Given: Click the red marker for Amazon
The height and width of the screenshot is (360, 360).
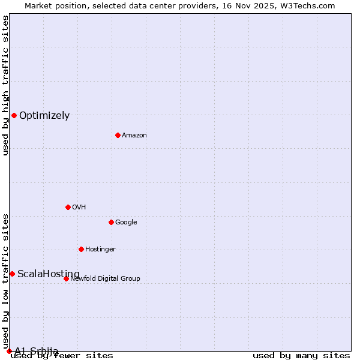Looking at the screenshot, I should pyautogui.click(x=118, y=135).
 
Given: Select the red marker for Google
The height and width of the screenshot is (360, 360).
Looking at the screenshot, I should pyautogui.click(x=111, y=222).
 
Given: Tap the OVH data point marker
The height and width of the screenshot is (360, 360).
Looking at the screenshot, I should pyautogui.click(x=68, y=207).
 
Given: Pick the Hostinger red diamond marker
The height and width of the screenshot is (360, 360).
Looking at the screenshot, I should pyautogui.click(x=81, y=249).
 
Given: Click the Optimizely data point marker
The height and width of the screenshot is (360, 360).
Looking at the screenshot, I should pyautogui.click(x=14, y=115).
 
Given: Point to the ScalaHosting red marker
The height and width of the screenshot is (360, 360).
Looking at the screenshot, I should pyautogui.click(x=12, y=274).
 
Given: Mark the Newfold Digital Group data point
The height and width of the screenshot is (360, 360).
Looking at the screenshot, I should pyautogui.click(x=66, y=278).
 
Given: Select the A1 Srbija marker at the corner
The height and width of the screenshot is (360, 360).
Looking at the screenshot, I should pyautogui.click(x=9, y=351).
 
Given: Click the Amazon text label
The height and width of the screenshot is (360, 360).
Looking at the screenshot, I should pyautogui.click(x=134, y=136).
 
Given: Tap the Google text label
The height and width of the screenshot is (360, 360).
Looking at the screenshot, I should pyautogui.click(x=126, y=223).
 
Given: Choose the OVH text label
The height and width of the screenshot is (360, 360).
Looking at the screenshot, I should pyautogui.click(x=79, y=208).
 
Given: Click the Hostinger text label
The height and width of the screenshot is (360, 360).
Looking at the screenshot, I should pyautogui.click(x=100, y=250).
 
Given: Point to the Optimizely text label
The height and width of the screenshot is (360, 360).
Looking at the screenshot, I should pyautogui.click(x=44, y=116).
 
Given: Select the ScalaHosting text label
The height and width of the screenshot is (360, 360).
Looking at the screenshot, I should pyautogui.click(x=48, y=274).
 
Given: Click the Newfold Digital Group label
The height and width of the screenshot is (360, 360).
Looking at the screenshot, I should pyautogui.click(x=105, y=279).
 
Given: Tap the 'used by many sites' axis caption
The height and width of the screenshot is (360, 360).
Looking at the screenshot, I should pyautogui.click(x=301, y=356).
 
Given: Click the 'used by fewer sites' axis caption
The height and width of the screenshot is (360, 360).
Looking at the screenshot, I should pyautogui.click(x=62, y=356).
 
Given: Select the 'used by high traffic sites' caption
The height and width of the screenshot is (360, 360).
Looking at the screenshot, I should pyautogui.click(x=5, y=85).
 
